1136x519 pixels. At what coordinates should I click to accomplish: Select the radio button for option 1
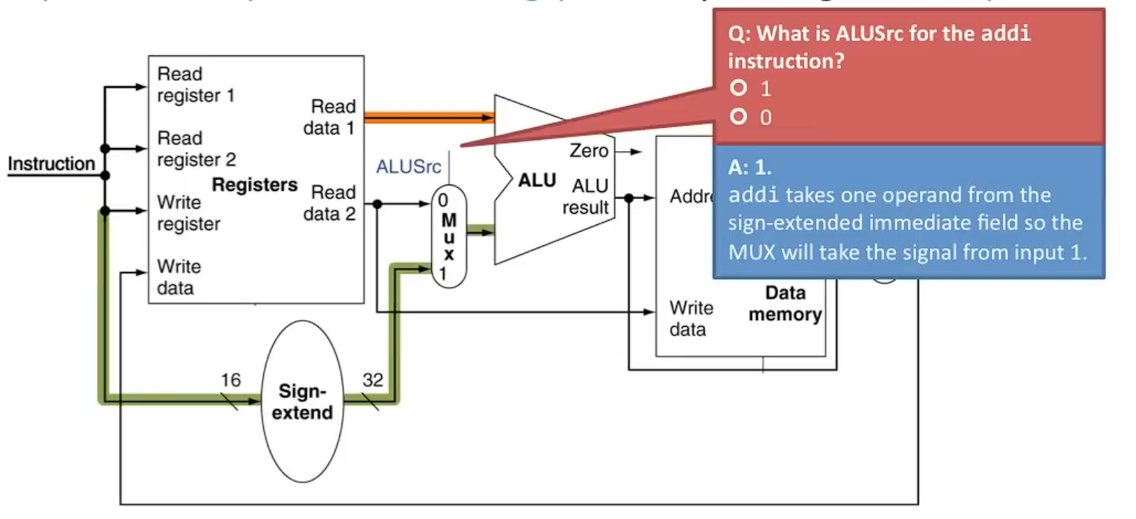tap(739, 89)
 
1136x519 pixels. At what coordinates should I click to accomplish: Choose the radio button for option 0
tap(739, 117)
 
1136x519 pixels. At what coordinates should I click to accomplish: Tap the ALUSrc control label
tap(409, 167)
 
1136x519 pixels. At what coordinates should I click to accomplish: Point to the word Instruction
tap(52, 164)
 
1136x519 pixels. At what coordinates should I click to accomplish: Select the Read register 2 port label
tap(196, 149)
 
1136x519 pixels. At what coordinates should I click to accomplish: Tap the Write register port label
tap(188, 213)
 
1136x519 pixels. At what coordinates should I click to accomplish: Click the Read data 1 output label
tap(330, 117)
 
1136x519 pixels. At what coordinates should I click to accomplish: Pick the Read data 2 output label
tap(330, 203)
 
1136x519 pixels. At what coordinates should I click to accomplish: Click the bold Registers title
tap(255, 185)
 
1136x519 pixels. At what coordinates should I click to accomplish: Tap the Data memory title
tap(785, 304)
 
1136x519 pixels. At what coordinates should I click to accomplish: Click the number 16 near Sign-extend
tap(231, 380)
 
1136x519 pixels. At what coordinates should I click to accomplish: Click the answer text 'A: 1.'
tap(750, 169)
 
